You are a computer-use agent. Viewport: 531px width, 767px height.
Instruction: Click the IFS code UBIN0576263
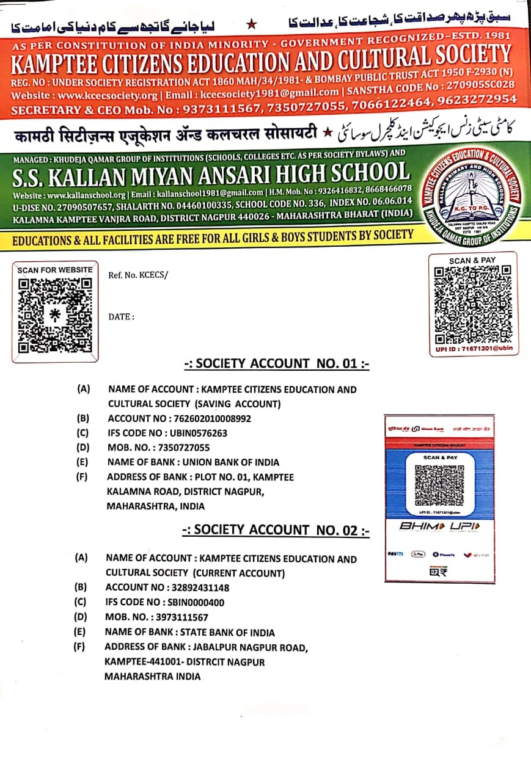[x=197, y=433]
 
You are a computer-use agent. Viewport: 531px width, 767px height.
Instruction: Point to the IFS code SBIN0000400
[x=195, y=603]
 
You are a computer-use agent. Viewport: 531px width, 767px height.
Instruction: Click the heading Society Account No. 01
[x=277, y=364]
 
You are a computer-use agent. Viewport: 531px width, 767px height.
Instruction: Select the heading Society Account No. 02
[x=276, y=530]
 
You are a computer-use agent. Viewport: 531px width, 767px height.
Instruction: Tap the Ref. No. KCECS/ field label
[x=137, y=275]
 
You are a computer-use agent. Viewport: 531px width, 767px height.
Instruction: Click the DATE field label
[x=121, y=317]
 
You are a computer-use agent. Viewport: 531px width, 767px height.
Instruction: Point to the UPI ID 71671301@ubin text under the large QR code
[x=473, y=348]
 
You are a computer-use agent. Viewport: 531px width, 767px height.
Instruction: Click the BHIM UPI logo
[x=439, y=526]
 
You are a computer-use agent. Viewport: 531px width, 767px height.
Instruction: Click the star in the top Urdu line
[x=251, y=24]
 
